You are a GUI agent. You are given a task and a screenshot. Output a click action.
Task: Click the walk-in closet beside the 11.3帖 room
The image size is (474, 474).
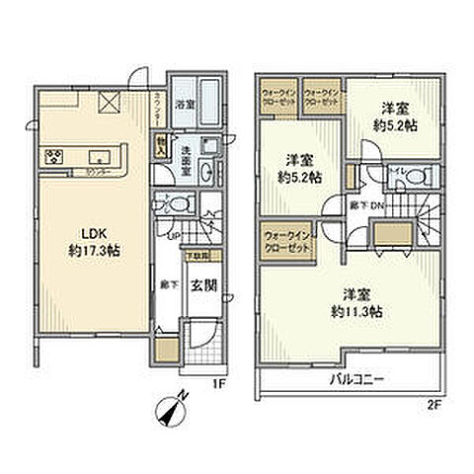286,242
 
